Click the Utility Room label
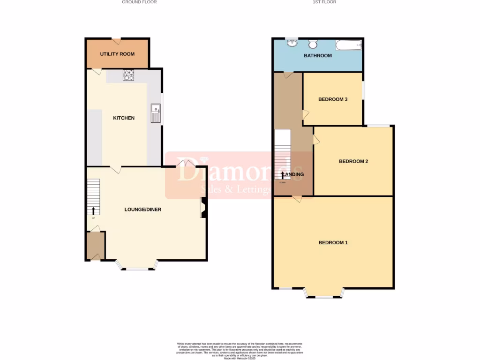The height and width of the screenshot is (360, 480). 117,54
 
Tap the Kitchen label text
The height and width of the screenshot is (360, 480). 124,118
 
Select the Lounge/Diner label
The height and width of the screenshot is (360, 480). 142,210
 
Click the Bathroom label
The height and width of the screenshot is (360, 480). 318,56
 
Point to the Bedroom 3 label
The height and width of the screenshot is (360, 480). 333,99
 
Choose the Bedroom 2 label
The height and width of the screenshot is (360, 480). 353,162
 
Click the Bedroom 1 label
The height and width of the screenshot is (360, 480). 333,243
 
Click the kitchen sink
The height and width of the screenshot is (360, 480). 155,113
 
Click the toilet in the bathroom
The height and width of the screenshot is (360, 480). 313,44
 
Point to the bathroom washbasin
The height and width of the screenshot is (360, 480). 292,44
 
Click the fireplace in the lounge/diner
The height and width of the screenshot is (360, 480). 204,208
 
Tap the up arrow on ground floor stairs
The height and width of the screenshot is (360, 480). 93,210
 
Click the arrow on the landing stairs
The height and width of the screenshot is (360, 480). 282,175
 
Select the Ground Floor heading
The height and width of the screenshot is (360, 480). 139,2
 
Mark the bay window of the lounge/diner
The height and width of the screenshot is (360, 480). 137,267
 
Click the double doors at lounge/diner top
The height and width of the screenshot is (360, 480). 186,163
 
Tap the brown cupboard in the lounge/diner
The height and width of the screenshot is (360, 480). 95,245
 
